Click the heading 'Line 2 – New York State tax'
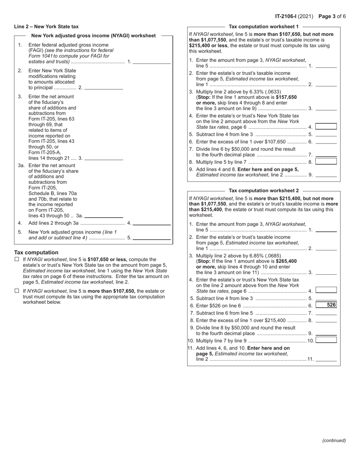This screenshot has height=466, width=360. click(x=46, y=27)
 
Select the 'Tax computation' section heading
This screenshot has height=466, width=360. click(x=36, y=252)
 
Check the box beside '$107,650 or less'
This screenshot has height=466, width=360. click(x=17, y=260)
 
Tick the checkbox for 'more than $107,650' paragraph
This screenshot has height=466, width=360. click(x=17, y=291)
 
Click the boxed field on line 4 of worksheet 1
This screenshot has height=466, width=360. click(x=326, y=127)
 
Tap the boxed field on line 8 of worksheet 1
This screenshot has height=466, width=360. click(x=326, y=161)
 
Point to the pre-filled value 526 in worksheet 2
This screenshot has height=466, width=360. click(x=331, y=305)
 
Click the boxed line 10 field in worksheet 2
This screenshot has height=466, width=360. click(x=326, y=340)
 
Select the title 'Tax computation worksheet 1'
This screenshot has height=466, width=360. click(x=264, y=27)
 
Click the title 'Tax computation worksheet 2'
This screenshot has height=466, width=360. click(x=264, y=191)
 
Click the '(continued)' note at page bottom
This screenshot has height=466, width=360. click(x=334, y=440)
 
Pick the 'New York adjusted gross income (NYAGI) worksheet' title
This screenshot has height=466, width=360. click(x=93, y=36)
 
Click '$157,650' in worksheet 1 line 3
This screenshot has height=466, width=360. click(x=286, y=97)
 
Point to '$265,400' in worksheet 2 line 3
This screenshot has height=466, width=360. click(x=286, y=261)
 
